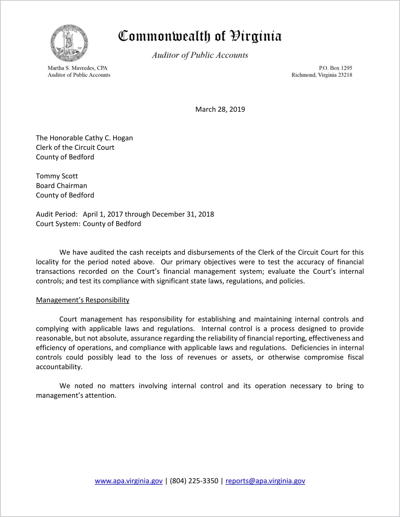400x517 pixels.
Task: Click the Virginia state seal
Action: point(69,43)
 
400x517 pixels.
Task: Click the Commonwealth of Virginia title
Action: point(200,36)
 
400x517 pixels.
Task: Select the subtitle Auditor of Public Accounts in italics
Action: point(200,55)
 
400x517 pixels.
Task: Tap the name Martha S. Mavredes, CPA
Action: point(77,68)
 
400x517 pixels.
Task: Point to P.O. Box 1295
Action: point(335,68)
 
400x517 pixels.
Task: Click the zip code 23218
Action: point(345,75)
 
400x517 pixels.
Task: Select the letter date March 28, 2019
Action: point(220,109)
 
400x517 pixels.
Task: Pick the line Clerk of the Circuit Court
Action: point(75,148)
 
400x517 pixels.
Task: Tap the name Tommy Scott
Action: point(57,176)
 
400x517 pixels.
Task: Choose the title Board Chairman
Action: point(61,186)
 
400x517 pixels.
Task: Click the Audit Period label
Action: point(57,214)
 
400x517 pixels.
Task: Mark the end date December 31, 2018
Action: point(183,214)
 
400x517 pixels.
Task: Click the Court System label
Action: point(58,224)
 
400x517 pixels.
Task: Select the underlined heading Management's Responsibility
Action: point(82,300)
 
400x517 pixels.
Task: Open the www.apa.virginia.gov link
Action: point(129,481)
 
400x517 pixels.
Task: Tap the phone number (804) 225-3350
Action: point(194,481)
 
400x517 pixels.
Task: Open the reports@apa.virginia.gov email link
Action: point(265,481)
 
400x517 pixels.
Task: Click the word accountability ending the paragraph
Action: point(59,367)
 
